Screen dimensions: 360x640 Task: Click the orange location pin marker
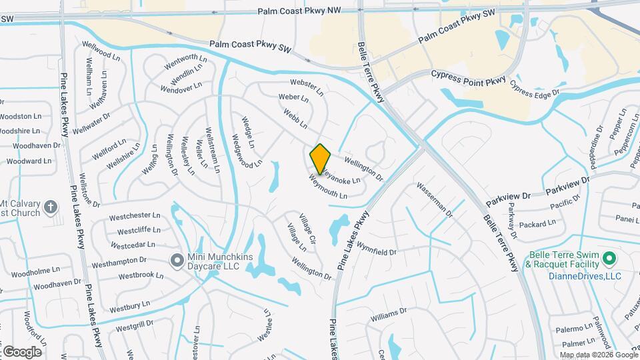(x=321, y=159)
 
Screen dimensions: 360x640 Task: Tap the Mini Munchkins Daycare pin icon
(x=177, y=261)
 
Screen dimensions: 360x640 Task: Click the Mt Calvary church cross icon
(x=50, y=208)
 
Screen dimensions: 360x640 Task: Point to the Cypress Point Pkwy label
(x=469, y=77)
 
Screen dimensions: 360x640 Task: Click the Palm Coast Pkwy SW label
(x=251, y=47)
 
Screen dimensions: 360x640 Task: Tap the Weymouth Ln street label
(x=328, y=187)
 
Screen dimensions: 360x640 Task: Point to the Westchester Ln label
(x=135, y=216)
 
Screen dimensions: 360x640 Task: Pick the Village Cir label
(x=306, y=228)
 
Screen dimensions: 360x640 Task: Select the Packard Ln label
(x=537, y=224)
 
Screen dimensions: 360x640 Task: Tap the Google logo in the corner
(x=21, y=351)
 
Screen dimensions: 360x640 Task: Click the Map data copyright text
(x=598, y=355)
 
